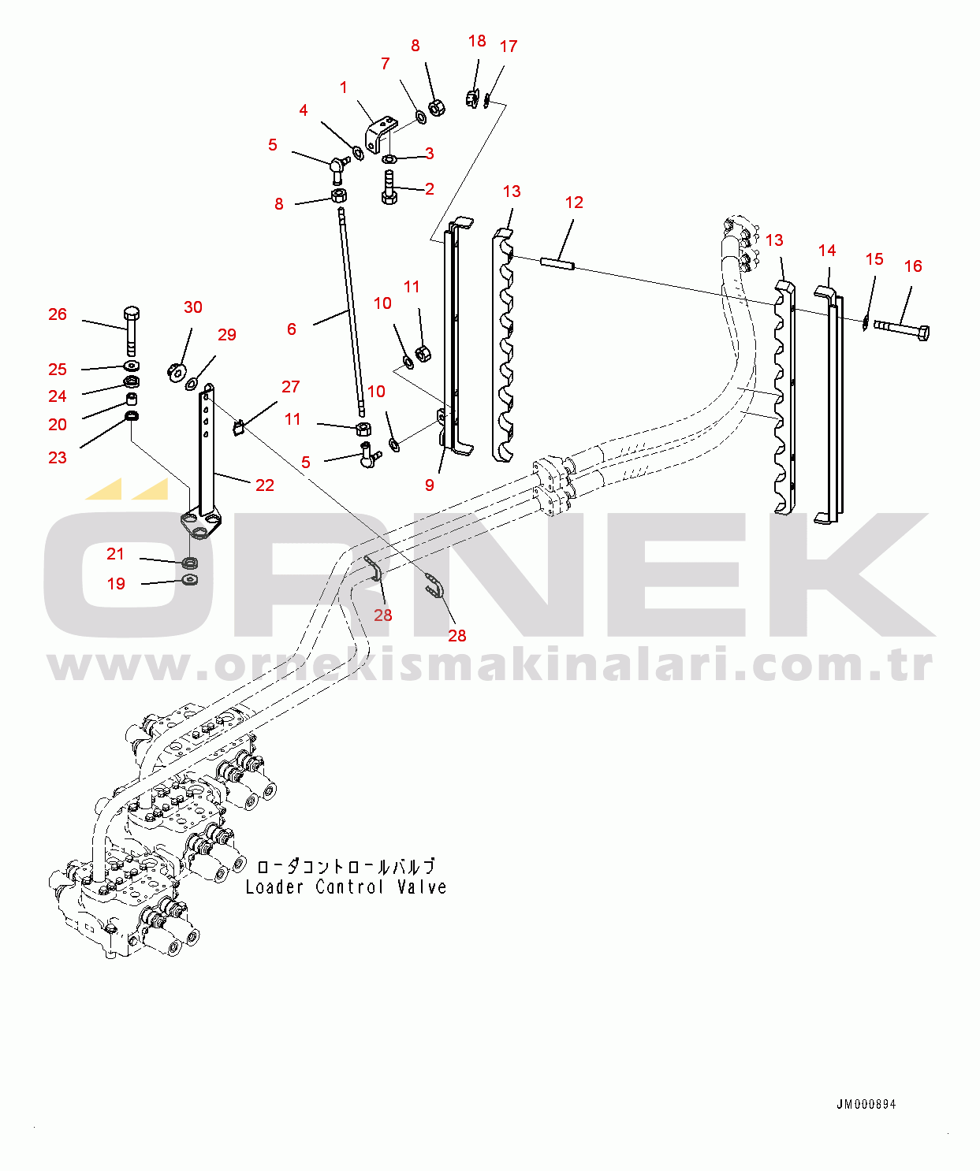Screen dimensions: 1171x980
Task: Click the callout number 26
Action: [58, 314]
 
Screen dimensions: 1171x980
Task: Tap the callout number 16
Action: [913, 266]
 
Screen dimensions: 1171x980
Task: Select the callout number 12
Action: [574, 203]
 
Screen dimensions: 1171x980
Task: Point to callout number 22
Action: [265, 485]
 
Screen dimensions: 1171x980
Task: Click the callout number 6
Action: [292, 329]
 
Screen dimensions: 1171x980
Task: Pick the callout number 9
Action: [430, 485]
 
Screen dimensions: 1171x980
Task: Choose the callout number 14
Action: [827, 251]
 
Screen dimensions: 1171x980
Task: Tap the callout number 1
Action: [344, 87]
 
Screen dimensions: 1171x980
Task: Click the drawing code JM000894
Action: [866, 1105]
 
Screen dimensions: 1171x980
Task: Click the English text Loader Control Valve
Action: [345, 887]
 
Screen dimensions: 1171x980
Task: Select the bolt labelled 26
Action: [132, 331]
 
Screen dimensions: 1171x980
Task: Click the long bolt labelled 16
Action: [903, 329]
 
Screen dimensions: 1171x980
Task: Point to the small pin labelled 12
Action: [557, 262]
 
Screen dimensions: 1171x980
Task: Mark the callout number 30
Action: [193, 307]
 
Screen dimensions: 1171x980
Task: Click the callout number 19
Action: [116, 584]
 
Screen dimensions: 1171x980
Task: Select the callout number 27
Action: [291, 387]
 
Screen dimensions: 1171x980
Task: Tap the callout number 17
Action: [509, 46]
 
